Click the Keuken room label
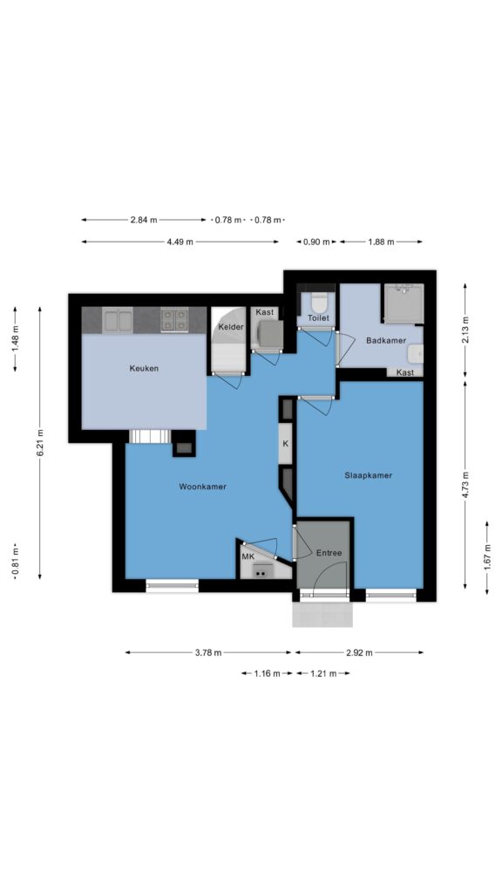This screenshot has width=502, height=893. click(x=144, y=369)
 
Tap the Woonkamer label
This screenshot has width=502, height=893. click(x=202, y=487)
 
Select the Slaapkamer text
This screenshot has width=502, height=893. click(x=369, y=475)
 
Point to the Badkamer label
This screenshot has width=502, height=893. click(x=386, y=341)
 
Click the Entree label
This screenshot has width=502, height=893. click(x=329, y=552)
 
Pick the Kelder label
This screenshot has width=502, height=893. click(x=231, y=327)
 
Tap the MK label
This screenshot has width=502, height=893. click(x=248, y=556)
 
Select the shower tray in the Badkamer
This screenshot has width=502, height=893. click(x=404, y=303)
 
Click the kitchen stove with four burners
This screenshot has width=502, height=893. click(x=174, y=319)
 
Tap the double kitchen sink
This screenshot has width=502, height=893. click(x=119, y=319)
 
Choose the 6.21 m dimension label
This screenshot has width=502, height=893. click(x=40, y=443)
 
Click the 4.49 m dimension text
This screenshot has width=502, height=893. click(x=180, y=242)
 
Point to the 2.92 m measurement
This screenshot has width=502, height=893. click(x=359, y=652)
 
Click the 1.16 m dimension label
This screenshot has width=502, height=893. click(x=267, y=673)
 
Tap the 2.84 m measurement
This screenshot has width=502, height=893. click(x=144, y=220)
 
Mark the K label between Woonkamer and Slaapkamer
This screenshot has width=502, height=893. click(x=286, y=444)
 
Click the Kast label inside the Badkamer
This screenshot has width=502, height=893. click(x=404, y=372)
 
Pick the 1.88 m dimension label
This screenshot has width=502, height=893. click(x=382, y=242)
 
